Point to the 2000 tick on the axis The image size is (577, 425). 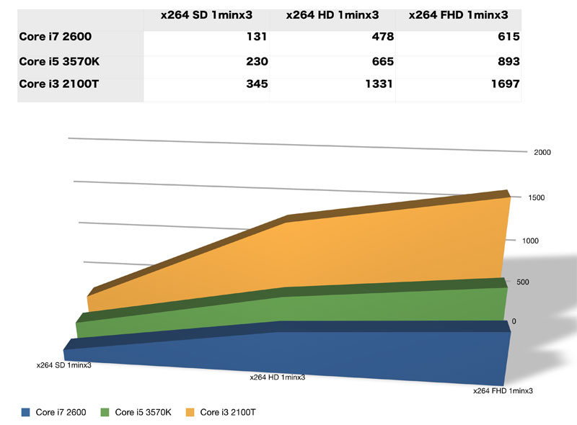542,153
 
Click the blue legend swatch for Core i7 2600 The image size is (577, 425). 25,413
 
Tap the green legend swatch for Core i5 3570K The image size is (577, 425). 106,413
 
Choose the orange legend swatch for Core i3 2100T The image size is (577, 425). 191,413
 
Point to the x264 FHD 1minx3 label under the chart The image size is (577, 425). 503,391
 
